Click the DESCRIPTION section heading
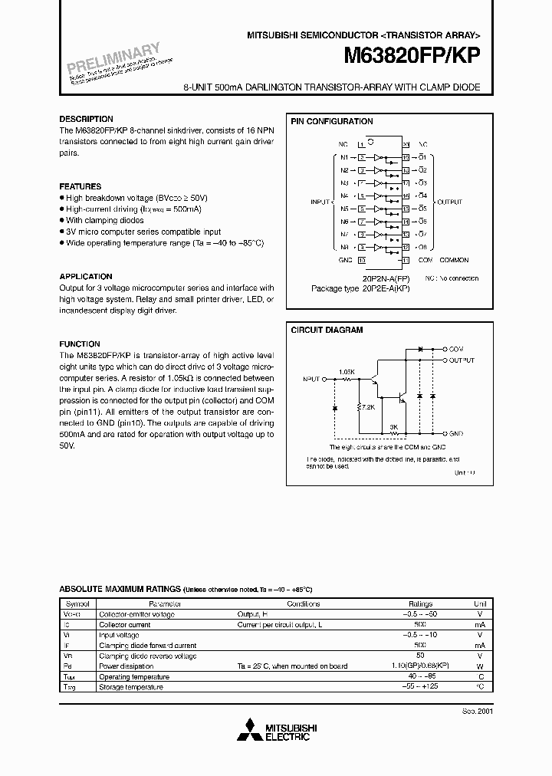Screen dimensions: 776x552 (x=87, y=119)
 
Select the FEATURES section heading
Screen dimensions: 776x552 (x=80, y=186)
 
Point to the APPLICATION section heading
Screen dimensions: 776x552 (x=86, y=276)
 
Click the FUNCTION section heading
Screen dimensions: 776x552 (x=80, y=344)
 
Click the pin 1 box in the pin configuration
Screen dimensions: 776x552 (x=362, y=144)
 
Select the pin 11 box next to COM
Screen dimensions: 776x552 (x=406, y=260)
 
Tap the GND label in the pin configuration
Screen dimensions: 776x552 (x=344, y=260)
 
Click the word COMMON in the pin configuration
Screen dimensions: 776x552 (x=454, y=260)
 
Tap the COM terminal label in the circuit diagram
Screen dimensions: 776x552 (x=455, y=349)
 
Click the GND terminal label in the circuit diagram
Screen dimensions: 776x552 (x=455, y=433)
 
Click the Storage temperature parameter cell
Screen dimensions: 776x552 (x=131, y=687)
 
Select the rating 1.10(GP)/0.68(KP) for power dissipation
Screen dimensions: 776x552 (x=420, y=666)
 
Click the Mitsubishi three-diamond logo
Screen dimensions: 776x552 (x=249, y=728)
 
